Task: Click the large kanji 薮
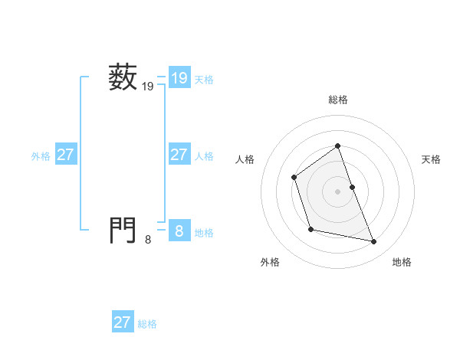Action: tap(123, 78)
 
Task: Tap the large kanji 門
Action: tap(123, 229)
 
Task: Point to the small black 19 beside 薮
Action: tap(148, 88)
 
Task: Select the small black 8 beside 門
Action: tap(148, 240)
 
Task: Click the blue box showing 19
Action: tap(179, 78)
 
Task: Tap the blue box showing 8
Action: tap(179, 230)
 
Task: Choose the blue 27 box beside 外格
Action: tap(65, 155)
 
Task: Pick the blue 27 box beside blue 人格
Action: tap(179, 155)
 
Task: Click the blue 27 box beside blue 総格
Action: tap(123, 322)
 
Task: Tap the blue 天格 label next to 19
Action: tap(204, 79)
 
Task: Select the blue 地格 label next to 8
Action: tap(204, 232)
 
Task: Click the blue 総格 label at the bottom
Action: tap(147, 324)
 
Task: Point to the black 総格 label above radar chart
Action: tap(337, 100)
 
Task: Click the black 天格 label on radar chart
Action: tap(431, 159)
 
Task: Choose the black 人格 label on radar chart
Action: tap(245, 159)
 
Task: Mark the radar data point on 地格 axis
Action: tap(374, 242)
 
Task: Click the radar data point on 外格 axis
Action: tap(310, 229)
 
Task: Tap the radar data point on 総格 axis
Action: tap(337, 146)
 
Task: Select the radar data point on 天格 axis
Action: tap(352, 187)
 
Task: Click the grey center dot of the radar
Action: tap(337, 191)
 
